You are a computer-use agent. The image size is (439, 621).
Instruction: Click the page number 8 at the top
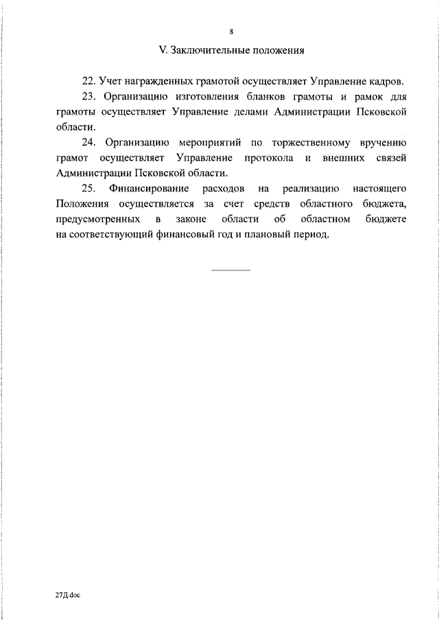[231, 32]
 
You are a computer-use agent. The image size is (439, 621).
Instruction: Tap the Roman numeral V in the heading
[162, 50]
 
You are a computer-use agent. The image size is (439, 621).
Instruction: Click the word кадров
[386, 82]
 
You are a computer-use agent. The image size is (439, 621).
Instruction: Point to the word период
[311, 234]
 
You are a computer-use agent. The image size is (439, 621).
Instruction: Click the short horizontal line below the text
[230, 270]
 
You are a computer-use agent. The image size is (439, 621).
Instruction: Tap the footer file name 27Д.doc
[68, 597]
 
